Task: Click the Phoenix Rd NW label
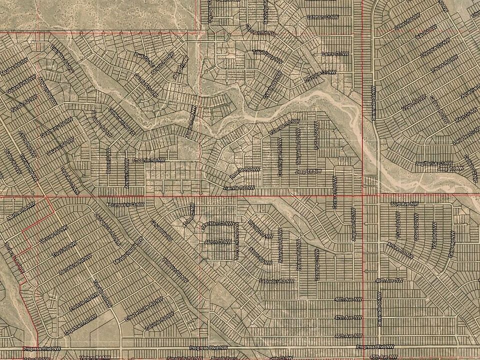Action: coord(148,159)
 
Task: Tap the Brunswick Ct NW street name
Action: coord(126,204)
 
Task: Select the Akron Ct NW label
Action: coord(221,241)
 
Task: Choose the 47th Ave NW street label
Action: coord(348,317)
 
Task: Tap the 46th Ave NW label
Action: coord(348,335)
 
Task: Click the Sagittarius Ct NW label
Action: coord(435,163)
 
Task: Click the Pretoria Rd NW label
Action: coord(83,302)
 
